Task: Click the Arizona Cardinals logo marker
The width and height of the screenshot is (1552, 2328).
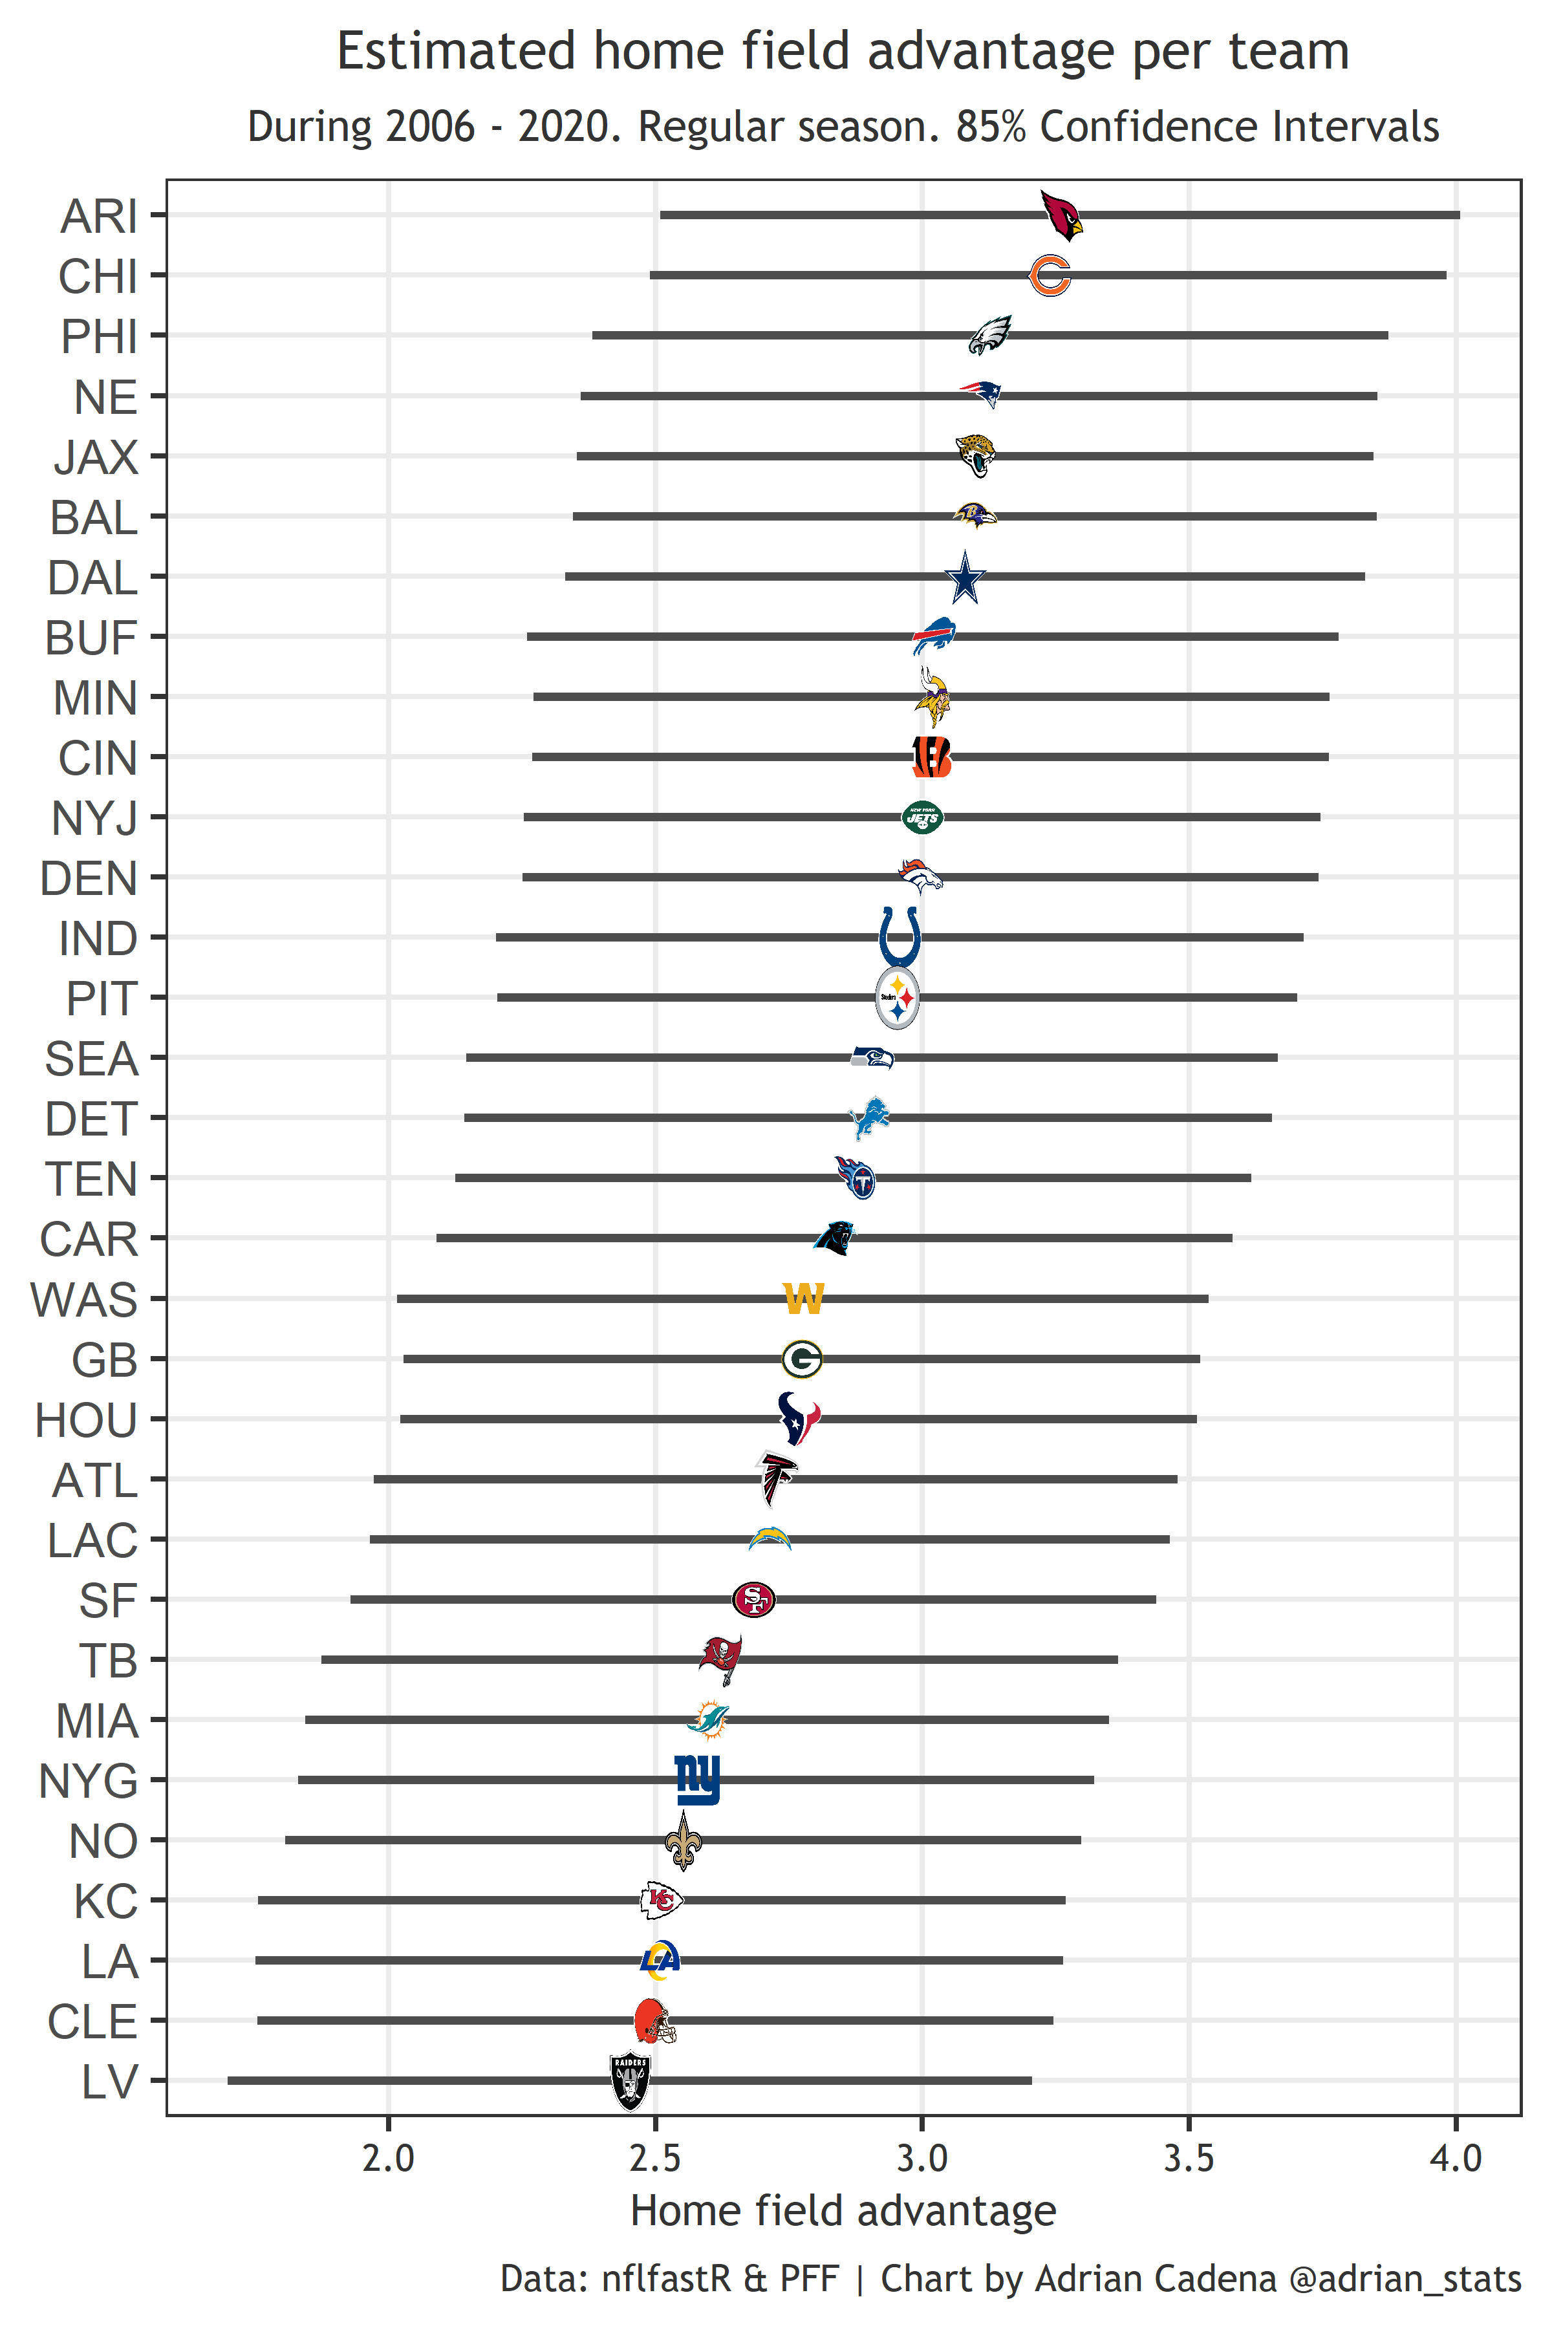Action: click(1061, 215)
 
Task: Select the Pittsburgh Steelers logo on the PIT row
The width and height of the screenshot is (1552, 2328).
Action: click(898, 998)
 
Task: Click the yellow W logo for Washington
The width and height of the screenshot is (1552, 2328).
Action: click(803, 1298)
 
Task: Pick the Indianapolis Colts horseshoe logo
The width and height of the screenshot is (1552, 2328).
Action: click(900, 937)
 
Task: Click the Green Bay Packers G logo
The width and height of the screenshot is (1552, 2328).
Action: click(802, 1359)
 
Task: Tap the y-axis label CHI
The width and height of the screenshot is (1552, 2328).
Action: click(97, 276)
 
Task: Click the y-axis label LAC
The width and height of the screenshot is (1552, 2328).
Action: click(92, 1540)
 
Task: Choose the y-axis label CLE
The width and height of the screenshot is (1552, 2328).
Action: click(92, 2021)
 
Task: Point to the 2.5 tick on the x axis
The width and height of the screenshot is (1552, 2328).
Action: click(654, 2158)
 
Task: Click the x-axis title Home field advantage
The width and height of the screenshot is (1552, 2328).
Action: click(843, 2211)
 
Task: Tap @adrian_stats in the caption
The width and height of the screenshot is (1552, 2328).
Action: click(1405, 2278)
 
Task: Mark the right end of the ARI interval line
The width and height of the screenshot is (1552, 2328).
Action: click(1458, 215)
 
